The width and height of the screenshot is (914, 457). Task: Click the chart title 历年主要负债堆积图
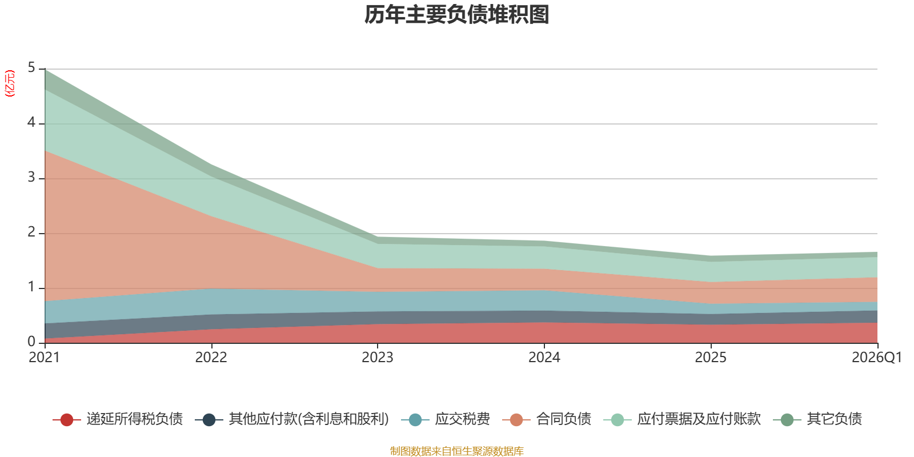pos(456,15)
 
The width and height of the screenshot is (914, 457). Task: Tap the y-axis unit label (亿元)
pos(9,83)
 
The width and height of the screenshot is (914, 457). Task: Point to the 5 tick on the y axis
pos(31,67)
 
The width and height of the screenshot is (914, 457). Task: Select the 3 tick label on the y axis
pos(31,177)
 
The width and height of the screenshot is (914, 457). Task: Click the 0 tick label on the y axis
pos(31,342)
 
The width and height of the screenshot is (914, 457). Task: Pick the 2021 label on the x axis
pos(45,358)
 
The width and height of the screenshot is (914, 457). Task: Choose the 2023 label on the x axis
pos(378,358)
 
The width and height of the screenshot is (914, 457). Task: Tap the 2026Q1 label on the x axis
pos(877,358)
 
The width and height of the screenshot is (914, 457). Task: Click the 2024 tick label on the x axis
pos(544,358)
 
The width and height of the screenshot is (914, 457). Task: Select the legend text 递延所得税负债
pos(135,419)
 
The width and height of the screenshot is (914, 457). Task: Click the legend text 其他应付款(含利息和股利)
pos(309,419)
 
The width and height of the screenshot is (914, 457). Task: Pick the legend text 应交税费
pos(462,419)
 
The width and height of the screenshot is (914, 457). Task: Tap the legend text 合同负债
pos(563,419)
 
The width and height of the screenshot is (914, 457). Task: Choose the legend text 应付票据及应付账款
pos(699,419)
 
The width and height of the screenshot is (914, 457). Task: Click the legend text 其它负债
pos(835,419)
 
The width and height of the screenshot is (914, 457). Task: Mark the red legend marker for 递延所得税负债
pos(66,420)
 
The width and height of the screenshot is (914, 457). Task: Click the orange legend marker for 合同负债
pos(516,420)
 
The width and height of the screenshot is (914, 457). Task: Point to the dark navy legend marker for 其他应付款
pos(209,420)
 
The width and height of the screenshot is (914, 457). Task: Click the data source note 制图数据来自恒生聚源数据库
pos(456,451)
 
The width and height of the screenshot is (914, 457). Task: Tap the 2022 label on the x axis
pos(211,358)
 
